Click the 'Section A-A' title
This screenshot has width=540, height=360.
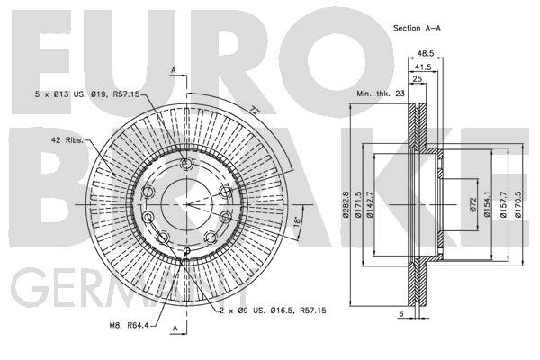(x=417, y=28)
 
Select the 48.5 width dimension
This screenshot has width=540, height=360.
(x=426, y=53)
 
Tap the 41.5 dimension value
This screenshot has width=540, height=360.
(x=423, y=67)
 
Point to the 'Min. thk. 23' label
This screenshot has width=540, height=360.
(x=381, y=94)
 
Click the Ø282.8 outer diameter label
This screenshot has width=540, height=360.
(x=345, y=205)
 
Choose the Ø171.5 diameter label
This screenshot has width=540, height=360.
(x=358, y=205)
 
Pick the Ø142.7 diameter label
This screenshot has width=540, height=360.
(x=370, y=205)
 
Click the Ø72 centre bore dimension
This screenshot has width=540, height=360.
(x=472, y=204)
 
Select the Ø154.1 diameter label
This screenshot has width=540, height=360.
(x=487, y=205)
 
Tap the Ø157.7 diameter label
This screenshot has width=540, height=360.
(x=503, y=205)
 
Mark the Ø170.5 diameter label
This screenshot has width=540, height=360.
(x=518, y=205)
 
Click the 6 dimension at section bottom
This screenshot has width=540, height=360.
(x=400, y=313)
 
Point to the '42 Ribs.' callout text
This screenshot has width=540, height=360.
(x=67, y=140)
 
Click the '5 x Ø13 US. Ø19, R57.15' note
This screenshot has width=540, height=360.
(x=87, y=94)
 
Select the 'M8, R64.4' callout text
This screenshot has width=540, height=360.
(x=129, y=325)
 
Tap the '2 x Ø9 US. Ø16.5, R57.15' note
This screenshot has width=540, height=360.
(x=273, y=310)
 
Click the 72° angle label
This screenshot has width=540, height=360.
(x=255, y=111)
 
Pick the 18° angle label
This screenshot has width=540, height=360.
(x=297, y=220)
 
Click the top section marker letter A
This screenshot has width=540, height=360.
(x=174, y=70)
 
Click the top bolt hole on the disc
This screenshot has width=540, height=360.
(x=186, y=164)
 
